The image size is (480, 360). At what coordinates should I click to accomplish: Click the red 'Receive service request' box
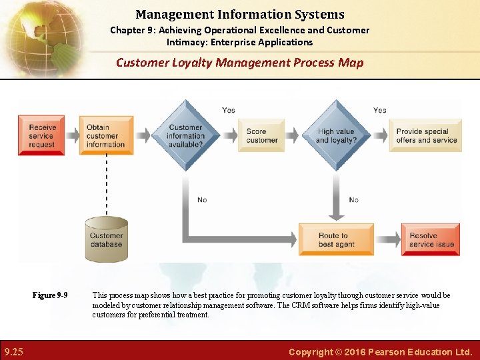click(x=41, y=135)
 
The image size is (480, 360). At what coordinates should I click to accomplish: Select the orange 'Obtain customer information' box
click(x=106, y=135)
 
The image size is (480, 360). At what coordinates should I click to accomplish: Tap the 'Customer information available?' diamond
click(x=185, y=136)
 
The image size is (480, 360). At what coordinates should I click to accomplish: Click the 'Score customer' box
click(x=261, y=135)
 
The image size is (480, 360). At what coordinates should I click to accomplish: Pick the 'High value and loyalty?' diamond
click(x=337, y=136)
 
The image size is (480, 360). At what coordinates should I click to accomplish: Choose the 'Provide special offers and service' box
click(x=426, y=135)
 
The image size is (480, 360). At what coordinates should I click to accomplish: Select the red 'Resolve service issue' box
click(x=431, y=239)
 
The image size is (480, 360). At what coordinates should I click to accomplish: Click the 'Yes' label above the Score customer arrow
click(x=228, y=110)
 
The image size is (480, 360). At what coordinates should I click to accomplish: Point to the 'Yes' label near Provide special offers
click(x=379, y=110)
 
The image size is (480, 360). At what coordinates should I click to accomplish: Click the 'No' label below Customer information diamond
click(x=201, y=199)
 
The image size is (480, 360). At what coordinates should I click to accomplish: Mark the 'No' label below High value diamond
click(x=353, y=199)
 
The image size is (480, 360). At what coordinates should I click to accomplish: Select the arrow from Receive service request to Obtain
click(x=72, y=135)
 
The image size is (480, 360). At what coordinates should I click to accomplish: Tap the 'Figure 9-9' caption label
click(x=50, y=295)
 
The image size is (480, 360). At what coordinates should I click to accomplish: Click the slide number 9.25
click(x=13, y=351)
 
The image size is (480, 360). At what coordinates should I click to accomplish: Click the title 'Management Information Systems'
click(x=240, y=14)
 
